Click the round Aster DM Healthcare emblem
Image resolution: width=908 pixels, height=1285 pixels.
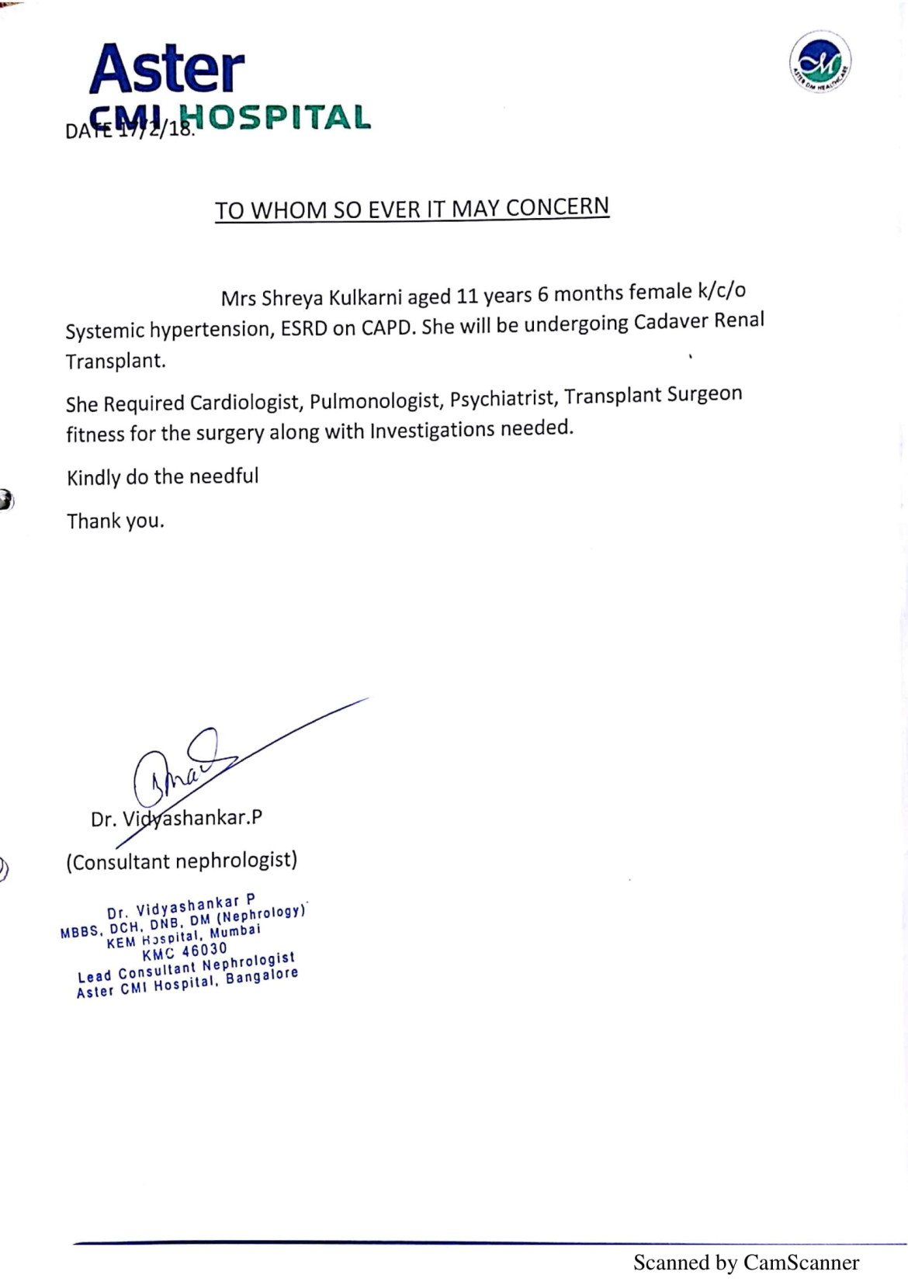(820, 61)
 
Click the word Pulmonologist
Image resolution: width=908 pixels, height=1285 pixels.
(375, 400)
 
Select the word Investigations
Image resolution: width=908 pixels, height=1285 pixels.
(431, 430)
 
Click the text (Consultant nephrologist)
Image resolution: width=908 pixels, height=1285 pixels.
(182, 861)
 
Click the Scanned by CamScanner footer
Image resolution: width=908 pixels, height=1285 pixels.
(746, 1262)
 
